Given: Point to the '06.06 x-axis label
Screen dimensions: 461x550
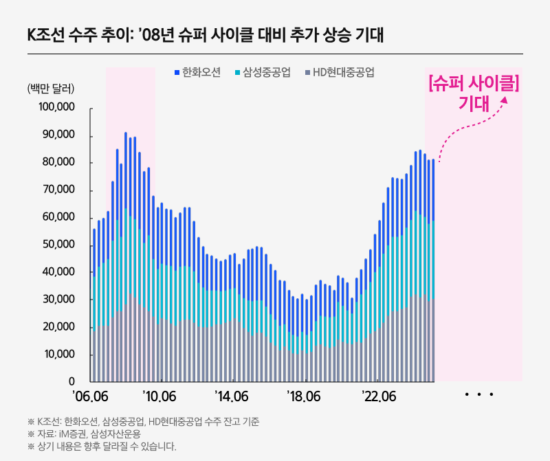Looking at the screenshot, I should tap(90, 397).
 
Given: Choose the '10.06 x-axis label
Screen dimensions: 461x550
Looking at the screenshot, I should tap(161, 397).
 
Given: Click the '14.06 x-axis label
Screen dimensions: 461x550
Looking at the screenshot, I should tap(231, 397).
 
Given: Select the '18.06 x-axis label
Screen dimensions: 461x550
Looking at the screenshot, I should tap(303, 397).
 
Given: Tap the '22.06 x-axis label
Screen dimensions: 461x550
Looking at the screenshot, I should tap(379, 397).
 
